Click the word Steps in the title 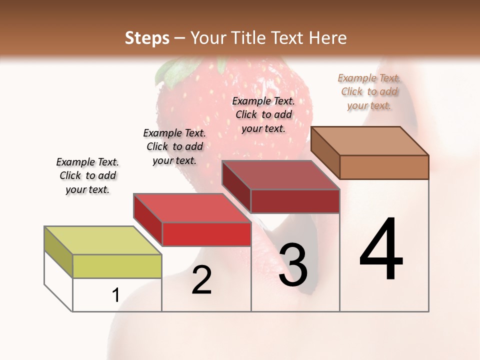click(x=147, y=38)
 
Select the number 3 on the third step click(x=293, y=265)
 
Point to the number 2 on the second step click(x=202, y=280)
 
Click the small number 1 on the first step click(x=115, y=295)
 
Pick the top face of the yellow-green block click(x=102, y=240)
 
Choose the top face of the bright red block click(x=192, y=208)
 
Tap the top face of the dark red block click(x=280, y=175)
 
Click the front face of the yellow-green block click(x=117, y=266)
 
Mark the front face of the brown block click(x=384, y=167)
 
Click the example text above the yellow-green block click(x=87, y=175)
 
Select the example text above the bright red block click(x=174, y=146)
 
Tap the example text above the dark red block click(x=263, y=114)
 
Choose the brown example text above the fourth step click(x=369, y=91)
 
